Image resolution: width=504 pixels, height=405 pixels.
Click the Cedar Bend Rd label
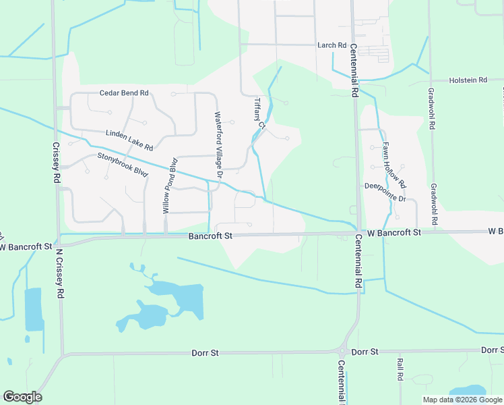pyautogui.click(x=123, y=93)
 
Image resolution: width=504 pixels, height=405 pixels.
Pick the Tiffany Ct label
pyautogui.click(x=259, y=113)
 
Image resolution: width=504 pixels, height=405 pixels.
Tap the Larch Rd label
pyautogui.click(x=332, y=45)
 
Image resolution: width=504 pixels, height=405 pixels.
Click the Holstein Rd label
pyautogui.click(x=468, y=80)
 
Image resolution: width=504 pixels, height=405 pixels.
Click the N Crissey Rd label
pyautogui.click(x=59, y=273)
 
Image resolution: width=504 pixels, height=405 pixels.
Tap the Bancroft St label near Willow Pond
pyautogui.click(x=210, y=236)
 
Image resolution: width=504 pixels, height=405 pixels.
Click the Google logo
pyautogui.click(x=22, y=397)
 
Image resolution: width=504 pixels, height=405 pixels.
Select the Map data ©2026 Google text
pyautogui.click(x=462, y=400)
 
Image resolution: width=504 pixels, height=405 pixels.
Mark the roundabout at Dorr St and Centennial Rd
pyautogui.click(x=344, y=351)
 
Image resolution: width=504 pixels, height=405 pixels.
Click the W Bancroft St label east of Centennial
pyautogui.click(x=393, y=232)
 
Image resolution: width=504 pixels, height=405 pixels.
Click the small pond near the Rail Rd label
pyautogui.click(x=467, y=391)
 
